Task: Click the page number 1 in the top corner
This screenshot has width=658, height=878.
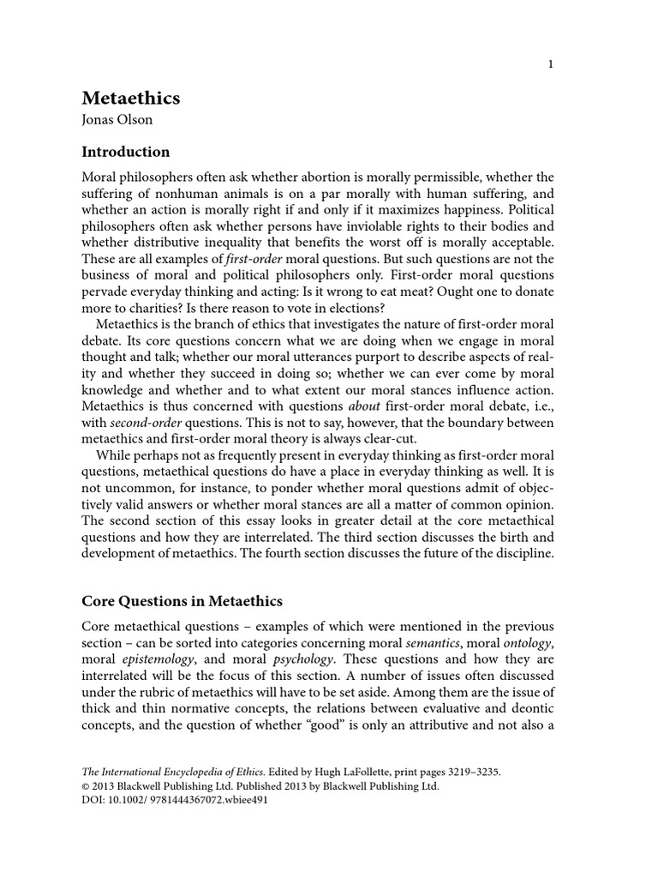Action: pos(552,66)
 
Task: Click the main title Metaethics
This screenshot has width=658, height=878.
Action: pos(130,98)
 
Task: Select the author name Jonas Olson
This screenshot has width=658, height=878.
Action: pos(117,120)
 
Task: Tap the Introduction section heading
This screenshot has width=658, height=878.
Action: pos(125,152)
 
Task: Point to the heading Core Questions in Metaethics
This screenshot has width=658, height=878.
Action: pos(182,601)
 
